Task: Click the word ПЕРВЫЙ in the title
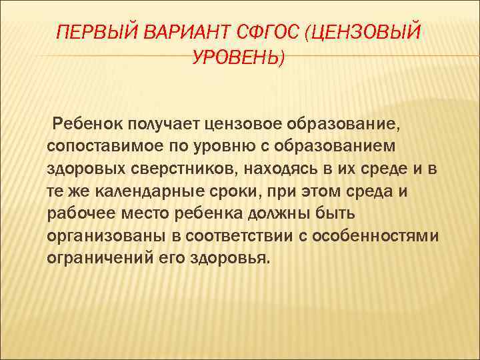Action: pos(92,32)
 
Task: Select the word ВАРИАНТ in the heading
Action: pos(180,32)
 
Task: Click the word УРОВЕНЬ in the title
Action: pos(237,59)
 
